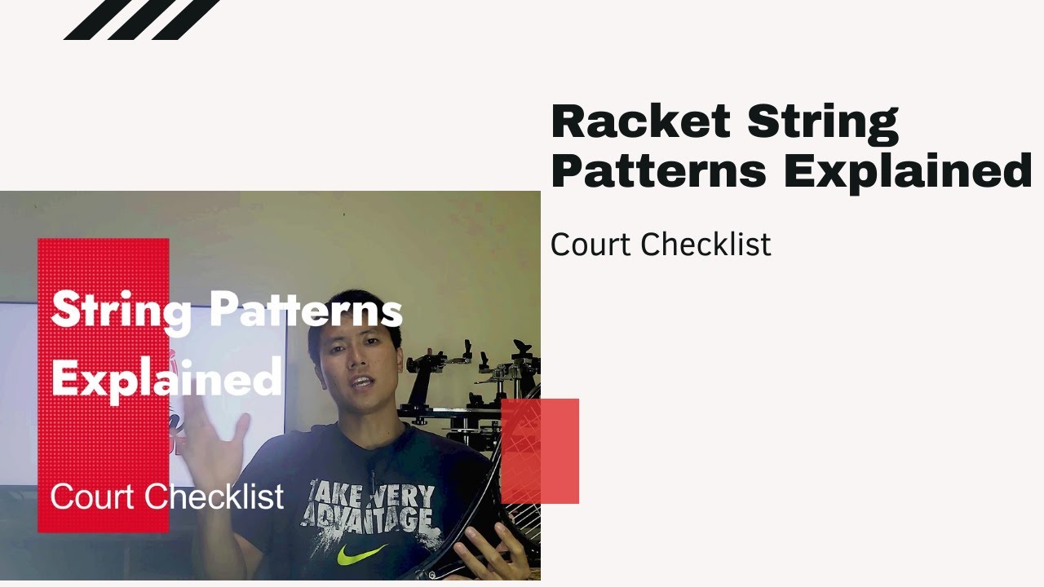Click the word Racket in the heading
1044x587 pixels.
coord(640,122)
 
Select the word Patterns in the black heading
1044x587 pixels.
coord(658,171)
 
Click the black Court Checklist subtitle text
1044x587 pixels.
coord(661,245)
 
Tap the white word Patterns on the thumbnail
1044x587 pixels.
coord(306,311)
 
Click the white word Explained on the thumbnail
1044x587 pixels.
coord(166,377)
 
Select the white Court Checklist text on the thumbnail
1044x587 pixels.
coord(167,497)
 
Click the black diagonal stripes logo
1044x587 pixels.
coord(140,19)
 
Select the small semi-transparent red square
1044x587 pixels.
coord(540,451)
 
